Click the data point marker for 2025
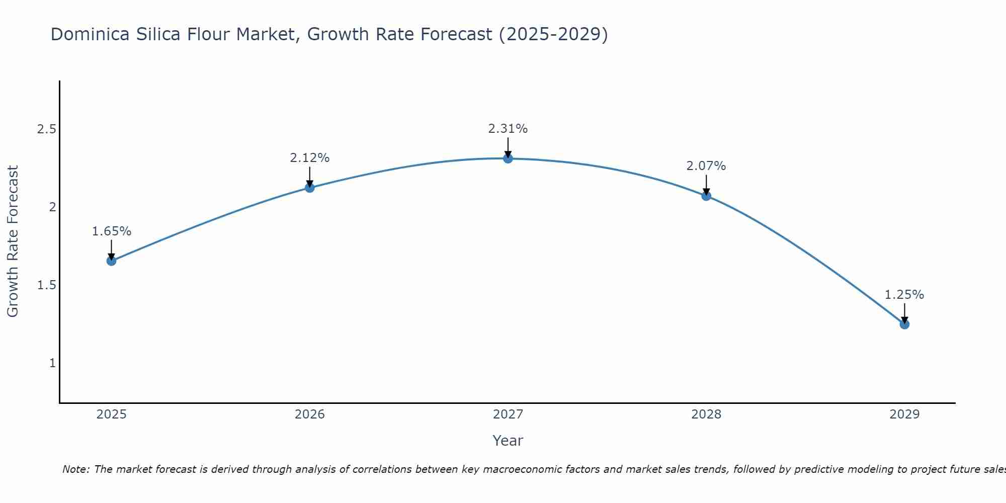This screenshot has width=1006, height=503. tap(111, 261)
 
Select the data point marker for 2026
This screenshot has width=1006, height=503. tap(310, 188)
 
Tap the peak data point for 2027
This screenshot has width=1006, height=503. tap(508, 158)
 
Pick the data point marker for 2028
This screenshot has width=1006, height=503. tap(706, 196)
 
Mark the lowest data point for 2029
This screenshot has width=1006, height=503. tap(904, 324)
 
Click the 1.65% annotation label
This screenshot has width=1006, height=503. tap(111, 231)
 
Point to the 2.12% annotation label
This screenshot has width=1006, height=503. tap(310, 158)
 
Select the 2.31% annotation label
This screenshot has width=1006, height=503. tap(508, 129)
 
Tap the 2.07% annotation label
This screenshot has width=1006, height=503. tap(706, 166)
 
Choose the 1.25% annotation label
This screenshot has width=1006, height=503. tap(904, 295)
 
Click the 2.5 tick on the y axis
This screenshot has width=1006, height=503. tap(46, 129)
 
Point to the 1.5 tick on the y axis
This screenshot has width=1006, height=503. tap(46, 285)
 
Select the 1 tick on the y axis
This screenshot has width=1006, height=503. tap(52, 363)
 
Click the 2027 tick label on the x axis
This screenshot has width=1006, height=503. tap(508, 414)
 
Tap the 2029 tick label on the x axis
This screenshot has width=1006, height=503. tap(904, 414)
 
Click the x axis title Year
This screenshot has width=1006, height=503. tap(508, 441)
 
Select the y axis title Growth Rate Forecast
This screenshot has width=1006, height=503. tap(13, 241)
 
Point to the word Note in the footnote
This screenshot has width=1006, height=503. tap(75, 469)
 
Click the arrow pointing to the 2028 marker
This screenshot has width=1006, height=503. tap(706, 185)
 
